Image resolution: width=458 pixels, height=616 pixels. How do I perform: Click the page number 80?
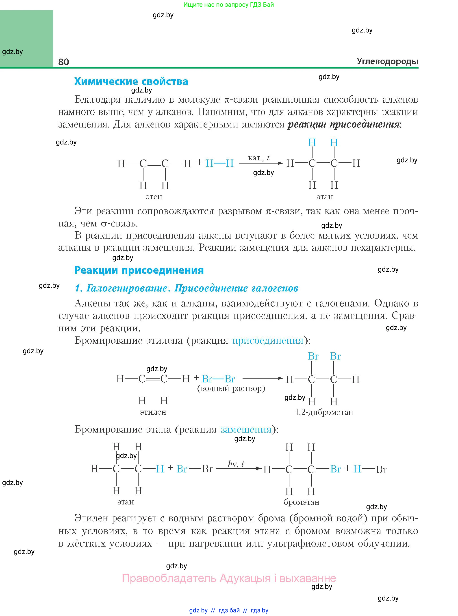tap(63, 62)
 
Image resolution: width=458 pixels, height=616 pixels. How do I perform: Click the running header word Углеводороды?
tap(387, 61)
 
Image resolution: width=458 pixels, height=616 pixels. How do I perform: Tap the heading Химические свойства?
tap(131, 82)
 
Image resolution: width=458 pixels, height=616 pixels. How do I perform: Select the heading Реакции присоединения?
tap(139, 270)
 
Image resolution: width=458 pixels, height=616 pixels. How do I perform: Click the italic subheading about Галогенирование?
tap(186, 288)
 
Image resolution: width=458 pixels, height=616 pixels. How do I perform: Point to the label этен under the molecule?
tap(154, 197)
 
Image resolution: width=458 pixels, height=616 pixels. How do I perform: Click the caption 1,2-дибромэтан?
tap(324, 412)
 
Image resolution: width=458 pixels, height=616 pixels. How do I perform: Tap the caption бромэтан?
tap(301, 502)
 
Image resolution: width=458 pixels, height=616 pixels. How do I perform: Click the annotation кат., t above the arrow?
tap(259, 158)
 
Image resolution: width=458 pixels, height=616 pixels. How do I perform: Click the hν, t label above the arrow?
tap(236, 464)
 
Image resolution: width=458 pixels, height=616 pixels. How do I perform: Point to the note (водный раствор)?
tap(231, 388)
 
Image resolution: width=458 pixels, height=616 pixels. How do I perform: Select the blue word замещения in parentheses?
tap(246, 430)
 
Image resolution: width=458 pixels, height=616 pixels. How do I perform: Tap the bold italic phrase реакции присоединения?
tap(343, 124)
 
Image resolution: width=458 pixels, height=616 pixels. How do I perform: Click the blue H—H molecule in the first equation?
tap(219, 164)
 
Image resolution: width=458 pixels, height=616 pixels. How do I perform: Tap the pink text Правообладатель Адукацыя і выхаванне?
tap(229, 578)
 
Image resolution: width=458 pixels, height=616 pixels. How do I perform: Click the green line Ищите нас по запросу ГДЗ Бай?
tap(228, 5)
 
